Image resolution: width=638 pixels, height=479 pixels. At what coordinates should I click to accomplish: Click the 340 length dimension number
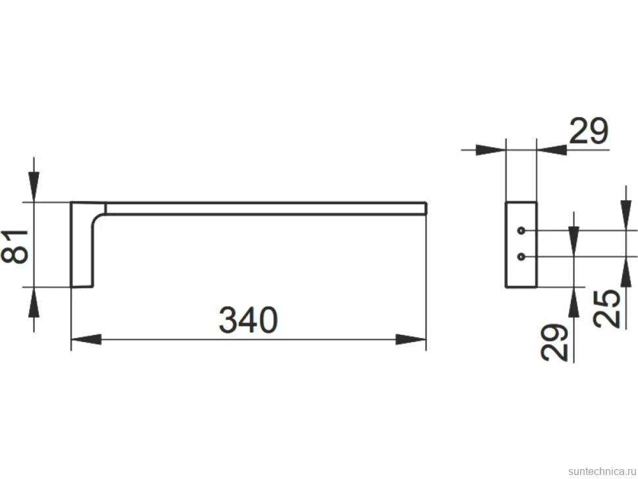coord(248,320)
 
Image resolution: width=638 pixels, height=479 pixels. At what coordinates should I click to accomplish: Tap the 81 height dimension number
coord(14,247)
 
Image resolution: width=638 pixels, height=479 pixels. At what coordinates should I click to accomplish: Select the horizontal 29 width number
coord(589,131)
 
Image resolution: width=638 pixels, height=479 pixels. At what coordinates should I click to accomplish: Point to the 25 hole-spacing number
coord(606,309)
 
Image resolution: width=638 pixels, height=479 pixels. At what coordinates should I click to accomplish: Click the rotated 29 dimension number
coord(554,343)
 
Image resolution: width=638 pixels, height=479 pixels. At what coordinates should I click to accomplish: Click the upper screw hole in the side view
coord(521,231)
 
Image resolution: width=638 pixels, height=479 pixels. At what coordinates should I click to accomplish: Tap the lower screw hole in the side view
coord(521,257)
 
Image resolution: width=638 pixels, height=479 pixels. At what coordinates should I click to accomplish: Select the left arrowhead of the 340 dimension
coord(86,339)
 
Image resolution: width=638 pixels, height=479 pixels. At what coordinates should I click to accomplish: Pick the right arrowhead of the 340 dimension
coord(411,339)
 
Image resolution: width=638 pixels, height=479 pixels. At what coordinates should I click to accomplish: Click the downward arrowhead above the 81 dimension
coord(34,187)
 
